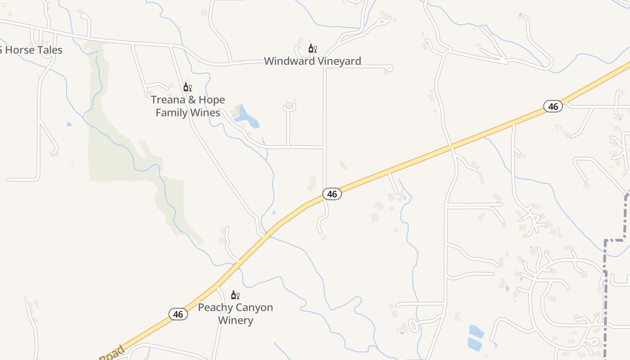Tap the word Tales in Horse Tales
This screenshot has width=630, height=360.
click(50, 50)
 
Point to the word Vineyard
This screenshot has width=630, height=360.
click(340, 61)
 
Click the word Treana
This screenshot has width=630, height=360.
click(167, 100)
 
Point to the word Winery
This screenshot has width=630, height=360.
click(235, 320)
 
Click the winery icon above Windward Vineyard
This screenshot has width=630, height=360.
click(312, 49)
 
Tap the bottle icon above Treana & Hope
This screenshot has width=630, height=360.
click(187, 87)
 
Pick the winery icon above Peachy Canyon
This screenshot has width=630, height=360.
click(235, 295)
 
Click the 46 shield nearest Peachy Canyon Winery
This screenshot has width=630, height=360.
click(178, 314)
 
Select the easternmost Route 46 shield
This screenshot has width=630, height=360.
click(553, 107)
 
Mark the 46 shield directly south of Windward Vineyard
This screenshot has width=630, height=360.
click(332, 194)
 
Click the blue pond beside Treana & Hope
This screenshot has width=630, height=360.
click(247, 117)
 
